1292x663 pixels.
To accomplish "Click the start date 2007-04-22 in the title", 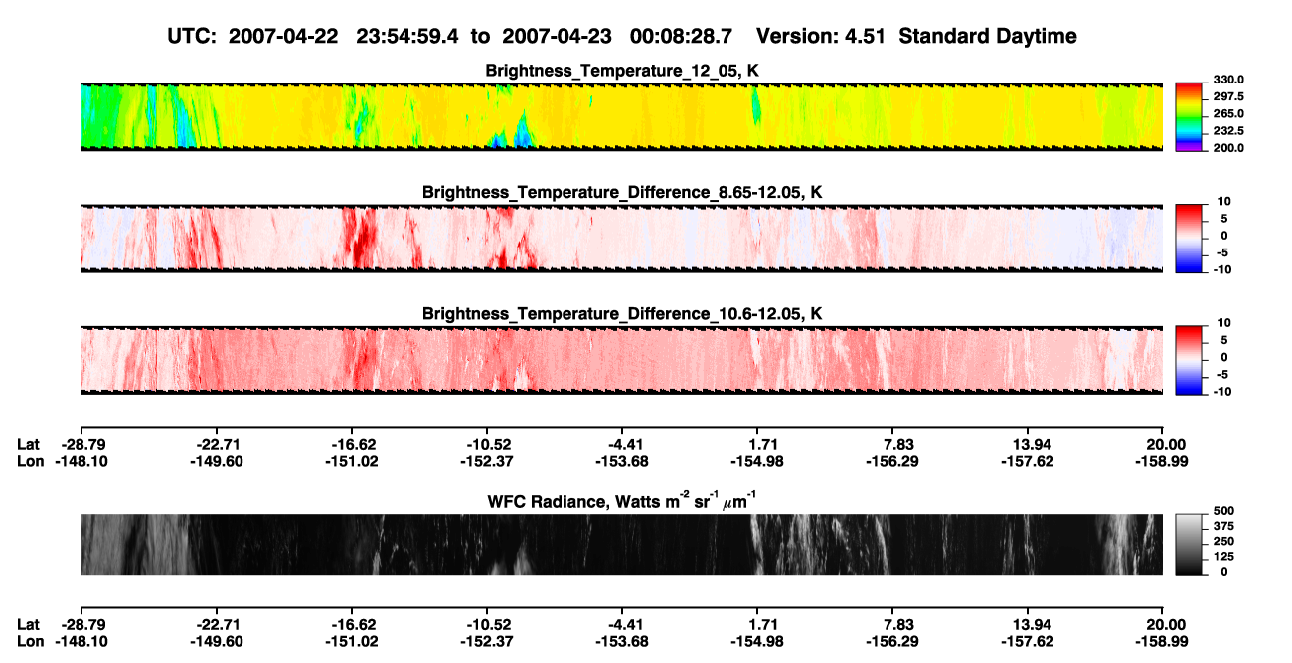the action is tap(282, 37).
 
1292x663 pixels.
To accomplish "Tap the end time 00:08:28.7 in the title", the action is tap(681, 37).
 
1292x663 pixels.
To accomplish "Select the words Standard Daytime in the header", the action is tap(988, 37).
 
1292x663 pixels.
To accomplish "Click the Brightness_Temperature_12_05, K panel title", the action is tap(622, 71).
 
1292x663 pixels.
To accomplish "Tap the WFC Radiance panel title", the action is tap(622, 501).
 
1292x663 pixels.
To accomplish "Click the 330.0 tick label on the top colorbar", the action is tap(1228, 80).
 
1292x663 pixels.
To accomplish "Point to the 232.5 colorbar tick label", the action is tap(1228, 131).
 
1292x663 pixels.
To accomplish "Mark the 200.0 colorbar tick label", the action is tap(1228, 148).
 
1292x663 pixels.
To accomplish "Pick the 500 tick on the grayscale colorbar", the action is tap(1223, 511).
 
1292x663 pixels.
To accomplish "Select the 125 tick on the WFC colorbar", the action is tap(1223, 557).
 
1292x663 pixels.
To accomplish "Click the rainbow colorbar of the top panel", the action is tap(1189, 117).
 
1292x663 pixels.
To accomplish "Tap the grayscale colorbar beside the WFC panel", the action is tap(1189, 544).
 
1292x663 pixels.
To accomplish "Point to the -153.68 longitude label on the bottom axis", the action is tap(622, 642).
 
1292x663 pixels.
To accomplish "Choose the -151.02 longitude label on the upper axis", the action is tap(351, 461).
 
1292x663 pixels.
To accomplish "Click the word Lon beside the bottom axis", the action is tap(30, 642).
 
